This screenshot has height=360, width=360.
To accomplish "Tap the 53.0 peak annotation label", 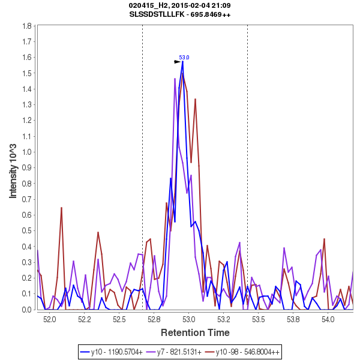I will coord(184,57).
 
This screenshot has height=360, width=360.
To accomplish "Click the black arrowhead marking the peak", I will coord(178,62).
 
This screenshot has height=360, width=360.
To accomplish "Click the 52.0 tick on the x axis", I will coord(49,320).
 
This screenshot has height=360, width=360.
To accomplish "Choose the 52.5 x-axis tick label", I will coord(119,320).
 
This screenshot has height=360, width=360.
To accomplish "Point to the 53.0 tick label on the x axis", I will coord(189,320).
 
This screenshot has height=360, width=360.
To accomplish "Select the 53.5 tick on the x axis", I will coord(259,320).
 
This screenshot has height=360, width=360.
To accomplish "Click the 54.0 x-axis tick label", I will coord(328,320).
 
